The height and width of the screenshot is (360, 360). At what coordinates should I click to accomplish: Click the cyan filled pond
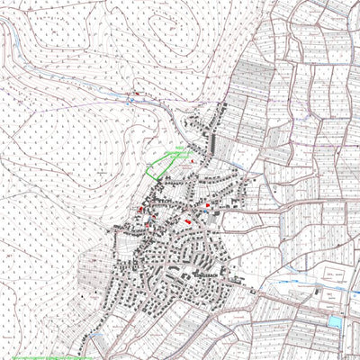(335, 321)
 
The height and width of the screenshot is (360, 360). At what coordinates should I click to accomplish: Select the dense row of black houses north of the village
(214, 130)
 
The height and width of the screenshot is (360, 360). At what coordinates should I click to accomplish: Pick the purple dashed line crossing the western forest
(54, 180)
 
